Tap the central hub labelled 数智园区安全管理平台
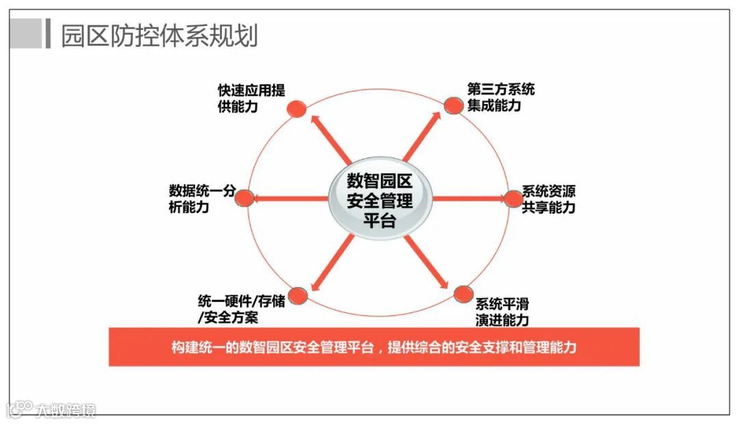[x=380, y=201]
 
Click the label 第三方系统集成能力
[x=501, y=97]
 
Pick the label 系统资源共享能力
[x=549, y=199]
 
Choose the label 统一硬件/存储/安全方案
[x=241, y=308]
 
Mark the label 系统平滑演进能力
[x=502, y=312]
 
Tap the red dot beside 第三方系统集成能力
[x=454, y=105]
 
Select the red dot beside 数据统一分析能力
[x=245, y=198]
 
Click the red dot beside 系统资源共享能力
[x=513, y=199]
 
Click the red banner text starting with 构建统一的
[x=374, y=347]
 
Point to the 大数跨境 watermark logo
[x=51, y=410]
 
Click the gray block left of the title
[x=25, y=34]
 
